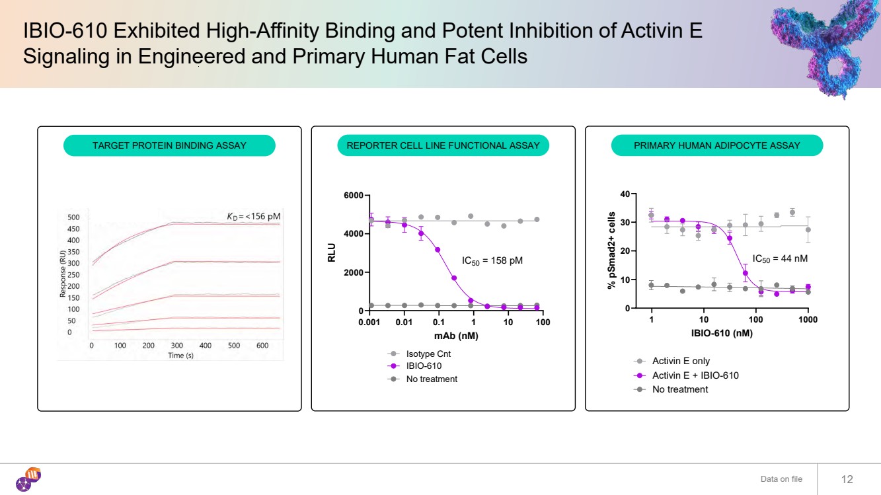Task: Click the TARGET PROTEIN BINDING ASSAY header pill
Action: point(169,145)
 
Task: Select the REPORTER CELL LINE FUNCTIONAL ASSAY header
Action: point(443,145)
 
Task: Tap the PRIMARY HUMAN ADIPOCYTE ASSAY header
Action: point(716,145)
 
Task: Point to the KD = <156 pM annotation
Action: point(254,216)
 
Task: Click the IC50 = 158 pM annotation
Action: point(492,261)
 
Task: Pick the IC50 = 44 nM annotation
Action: point(780,259)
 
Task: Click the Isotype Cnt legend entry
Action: point(428,354)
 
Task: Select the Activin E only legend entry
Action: point(681,361)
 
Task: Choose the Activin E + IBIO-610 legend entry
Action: point(695,375)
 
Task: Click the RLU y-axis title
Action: point(332,253)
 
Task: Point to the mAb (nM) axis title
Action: point(456,336)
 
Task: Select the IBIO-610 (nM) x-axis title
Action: point(722,333)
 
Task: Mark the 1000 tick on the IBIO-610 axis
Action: point(808,320)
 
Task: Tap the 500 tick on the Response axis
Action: point(73,217)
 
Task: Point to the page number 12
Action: point(847,479)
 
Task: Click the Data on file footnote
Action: point(781,479)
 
